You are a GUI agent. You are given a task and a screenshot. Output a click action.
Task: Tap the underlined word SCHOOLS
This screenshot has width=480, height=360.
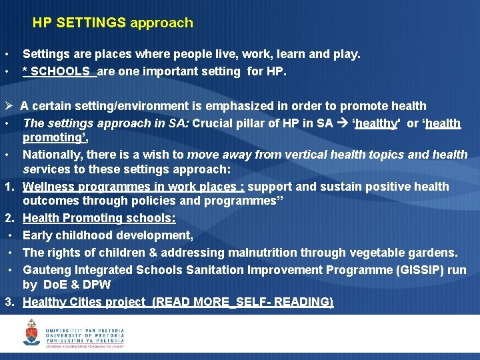(60, 71)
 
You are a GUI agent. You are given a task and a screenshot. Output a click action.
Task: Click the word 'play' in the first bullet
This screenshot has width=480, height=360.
(345, 54)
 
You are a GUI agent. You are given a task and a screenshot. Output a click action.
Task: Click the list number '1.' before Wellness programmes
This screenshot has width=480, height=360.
(10, 187)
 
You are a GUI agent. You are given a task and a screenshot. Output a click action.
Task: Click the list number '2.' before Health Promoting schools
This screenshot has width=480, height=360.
(10, 218)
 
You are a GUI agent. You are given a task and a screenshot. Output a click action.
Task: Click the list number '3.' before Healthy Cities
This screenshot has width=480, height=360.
(10, 302)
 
